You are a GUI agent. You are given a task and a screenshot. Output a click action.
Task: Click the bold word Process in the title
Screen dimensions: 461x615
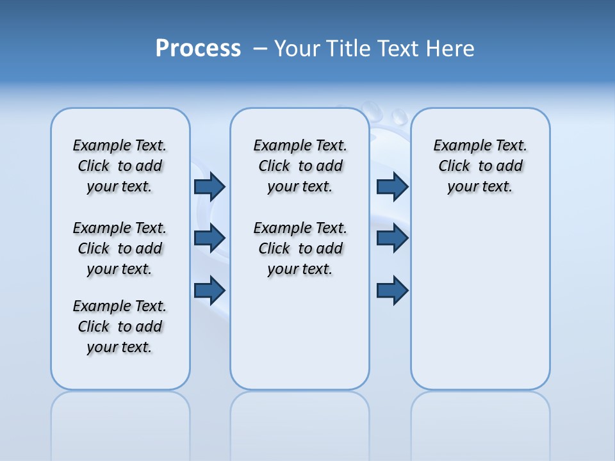[x=198, y=49]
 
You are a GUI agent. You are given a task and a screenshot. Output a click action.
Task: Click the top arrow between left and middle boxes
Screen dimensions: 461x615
[x=209, y=187]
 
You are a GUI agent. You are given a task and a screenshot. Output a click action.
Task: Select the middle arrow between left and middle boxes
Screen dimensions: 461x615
[x=209, y=238]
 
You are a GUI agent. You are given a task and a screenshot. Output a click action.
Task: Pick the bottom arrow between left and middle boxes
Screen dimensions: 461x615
[x=209, y=290]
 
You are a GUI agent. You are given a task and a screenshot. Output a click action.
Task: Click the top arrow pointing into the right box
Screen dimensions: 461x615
[x=392, y=187]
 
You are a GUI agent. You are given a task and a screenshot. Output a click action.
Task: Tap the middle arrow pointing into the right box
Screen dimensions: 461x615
[x=392, y=238]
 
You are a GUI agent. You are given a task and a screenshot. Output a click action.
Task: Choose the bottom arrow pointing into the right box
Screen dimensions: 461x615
[x=392, y=290]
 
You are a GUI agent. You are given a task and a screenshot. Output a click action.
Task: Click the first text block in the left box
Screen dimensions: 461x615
[x=120, y=166]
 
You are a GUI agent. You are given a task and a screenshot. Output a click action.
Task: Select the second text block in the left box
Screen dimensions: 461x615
[x=120, y=248]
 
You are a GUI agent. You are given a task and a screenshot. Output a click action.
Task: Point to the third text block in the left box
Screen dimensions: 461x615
[x=120, y=327]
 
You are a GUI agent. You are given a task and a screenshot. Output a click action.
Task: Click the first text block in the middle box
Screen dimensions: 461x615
[x=300, y=166]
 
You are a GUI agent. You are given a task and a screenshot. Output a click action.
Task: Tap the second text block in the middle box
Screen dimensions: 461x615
[x=300, y=248]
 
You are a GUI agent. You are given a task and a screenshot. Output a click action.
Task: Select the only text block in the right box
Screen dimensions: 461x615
[x=480, y=166]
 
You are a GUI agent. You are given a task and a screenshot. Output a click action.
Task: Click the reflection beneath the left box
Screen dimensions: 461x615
[x=120, y=423]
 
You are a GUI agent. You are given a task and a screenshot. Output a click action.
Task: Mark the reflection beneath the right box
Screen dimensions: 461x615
[x=480, y=423]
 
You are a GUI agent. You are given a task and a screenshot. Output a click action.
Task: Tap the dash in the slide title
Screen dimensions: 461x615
[x=260, y=49]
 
